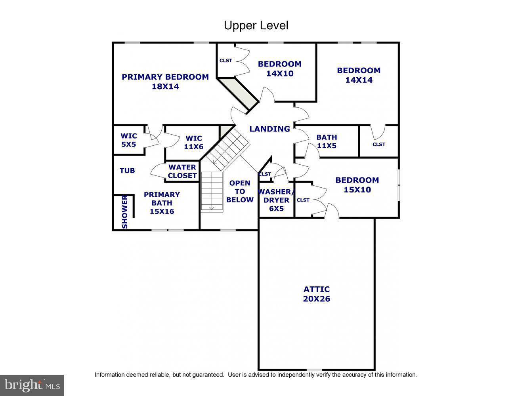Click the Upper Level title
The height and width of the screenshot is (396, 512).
(256, 25)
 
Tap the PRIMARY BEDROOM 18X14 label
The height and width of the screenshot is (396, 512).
(165, 82)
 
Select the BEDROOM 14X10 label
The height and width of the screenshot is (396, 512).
(279, 69)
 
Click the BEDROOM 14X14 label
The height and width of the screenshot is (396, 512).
(359, 75)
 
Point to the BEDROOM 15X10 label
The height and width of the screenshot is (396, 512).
(357, 185)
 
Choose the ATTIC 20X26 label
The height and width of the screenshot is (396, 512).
(316, 294)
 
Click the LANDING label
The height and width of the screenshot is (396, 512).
(269, 129)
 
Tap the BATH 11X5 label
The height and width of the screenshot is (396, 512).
(327, 141)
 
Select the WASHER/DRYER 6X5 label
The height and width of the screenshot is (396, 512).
(276, 200)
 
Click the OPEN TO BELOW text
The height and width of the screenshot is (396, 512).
(240, 191)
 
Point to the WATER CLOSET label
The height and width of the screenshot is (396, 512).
(182, 171)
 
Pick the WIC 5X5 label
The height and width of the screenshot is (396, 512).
(128, 140)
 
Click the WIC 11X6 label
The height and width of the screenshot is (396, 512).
(193, 142)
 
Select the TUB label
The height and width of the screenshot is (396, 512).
(127, 170)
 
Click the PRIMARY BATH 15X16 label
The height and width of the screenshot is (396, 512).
(162, 203)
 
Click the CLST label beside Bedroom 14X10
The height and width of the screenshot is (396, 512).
(226, 61)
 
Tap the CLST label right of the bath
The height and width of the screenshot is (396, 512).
(379, 144)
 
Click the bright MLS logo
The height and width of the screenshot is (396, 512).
(32, 385)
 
